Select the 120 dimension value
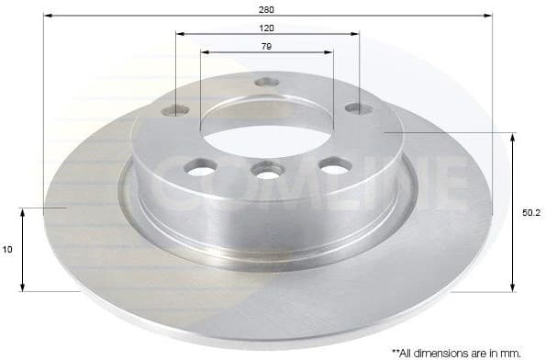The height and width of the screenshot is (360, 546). point(267,28)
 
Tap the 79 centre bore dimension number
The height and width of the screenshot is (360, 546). point(267,45)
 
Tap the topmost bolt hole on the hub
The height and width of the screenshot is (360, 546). point(267,82)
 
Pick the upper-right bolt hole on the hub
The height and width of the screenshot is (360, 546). point(358,108)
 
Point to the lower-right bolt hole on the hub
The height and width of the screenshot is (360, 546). point(336,165)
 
